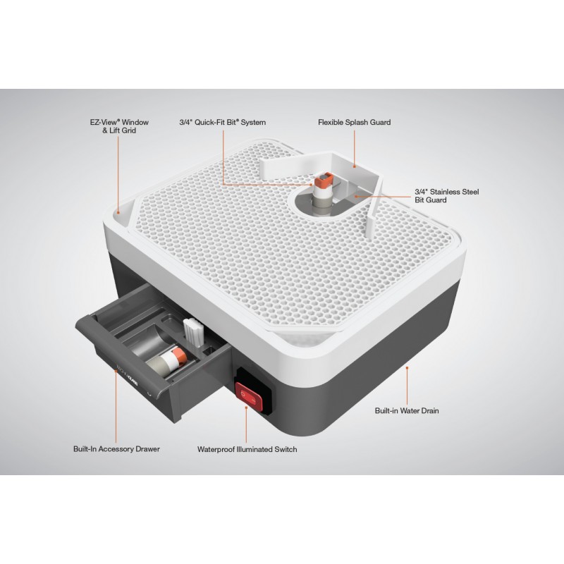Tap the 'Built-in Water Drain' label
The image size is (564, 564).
point(407,411)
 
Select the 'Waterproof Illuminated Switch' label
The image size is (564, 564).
point(247,449)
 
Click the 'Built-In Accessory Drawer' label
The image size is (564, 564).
point(116,449)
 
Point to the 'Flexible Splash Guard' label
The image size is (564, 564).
point(355,122)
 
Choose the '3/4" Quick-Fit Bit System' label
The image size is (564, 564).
point(223,122)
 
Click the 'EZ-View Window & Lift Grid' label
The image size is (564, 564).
point(119,126)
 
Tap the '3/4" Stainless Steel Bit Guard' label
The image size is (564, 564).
point(447,196)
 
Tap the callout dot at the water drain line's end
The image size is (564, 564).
point(407,368)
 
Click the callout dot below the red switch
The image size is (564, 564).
point(246,407)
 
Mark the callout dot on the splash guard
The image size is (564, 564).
point(355,166)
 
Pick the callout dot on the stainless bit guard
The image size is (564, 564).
point(355,196)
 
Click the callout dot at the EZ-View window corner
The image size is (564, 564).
point(118,213)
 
